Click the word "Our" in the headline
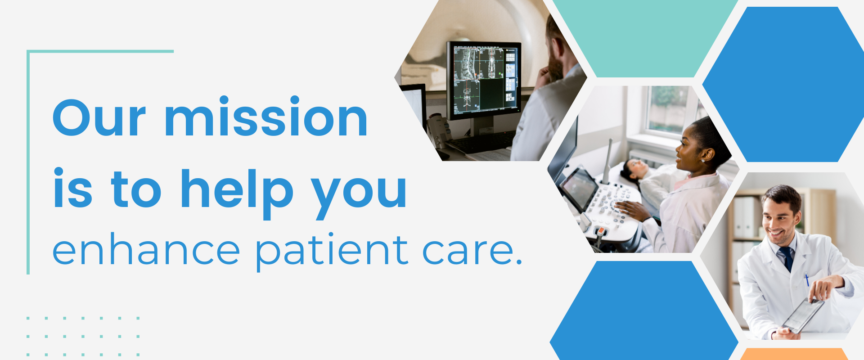99,117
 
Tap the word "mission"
266,116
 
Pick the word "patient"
332,252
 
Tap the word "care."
472,252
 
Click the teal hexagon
644,36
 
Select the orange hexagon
794,354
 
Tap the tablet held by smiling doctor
803,315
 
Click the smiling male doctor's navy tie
788,258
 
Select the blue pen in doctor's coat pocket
807,280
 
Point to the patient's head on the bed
632,170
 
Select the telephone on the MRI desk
439,131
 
